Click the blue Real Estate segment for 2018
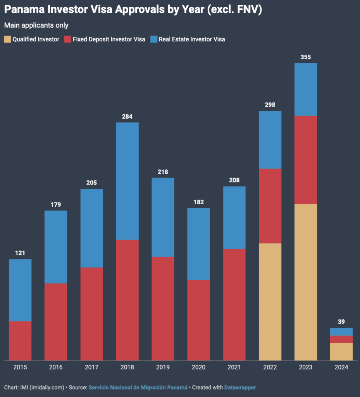point(127,181)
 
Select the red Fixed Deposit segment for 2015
point(20,341)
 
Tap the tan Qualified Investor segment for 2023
point(306,282)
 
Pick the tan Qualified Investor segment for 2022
point(270,302)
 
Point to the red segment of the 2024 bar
point(341,339)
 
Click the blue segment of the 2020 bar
point(199,244)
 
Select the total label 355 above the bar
point(306,57)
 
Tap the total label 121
point(20,253)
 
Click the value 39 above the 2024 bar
point(341,322)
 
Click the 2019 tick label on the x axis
point(163,367)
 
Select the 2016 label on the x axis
point(56,367)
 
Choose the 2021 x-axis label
point(234,367)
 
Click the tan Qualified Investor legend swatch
point(7,39)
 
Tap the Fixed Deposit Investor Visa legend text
point(109,39)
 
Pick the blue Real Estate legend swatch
point(154,39)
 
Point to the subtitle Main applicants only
point(36,26)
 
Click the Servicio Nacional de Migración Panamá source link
point(138,387)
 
